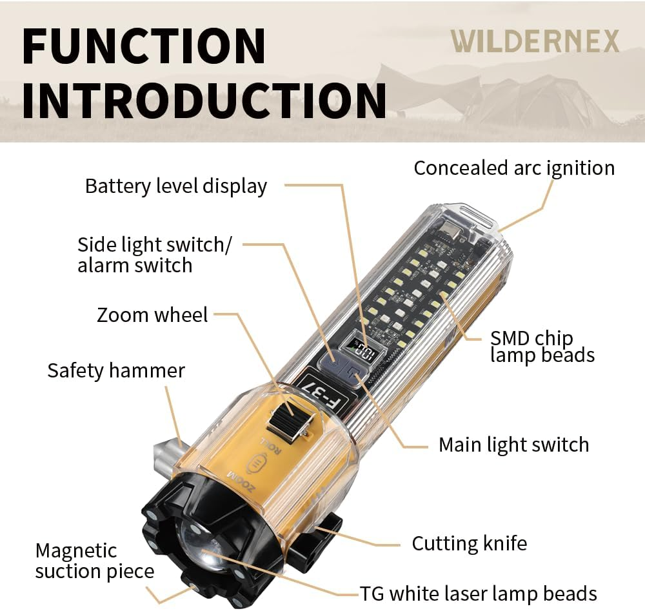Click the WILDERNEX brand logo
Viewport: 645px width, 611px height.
[535, 41]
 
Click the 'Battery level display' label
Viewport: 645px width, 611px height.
[175, 186]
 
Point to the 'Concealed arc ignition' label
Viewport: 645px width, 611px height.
[514, 168]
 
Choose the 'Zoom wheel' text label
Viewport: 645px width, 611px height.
[152, 315]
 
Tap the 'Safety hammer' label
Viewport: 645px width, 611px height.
[116, 371]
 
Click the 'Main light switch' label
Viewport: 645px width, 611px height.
[513, 445]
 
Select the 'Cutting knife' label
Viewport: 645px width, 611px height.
[469, 543]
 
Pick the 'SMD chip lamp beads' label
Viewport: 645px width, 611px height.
[542, 346]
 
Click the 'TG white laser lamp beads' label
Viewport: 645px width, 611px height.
[478, 593]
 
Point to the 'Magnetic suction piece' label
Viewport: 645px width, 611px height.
[94, 561]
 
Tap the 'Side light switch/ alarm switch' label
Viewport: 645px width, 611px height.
[154, 255]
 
